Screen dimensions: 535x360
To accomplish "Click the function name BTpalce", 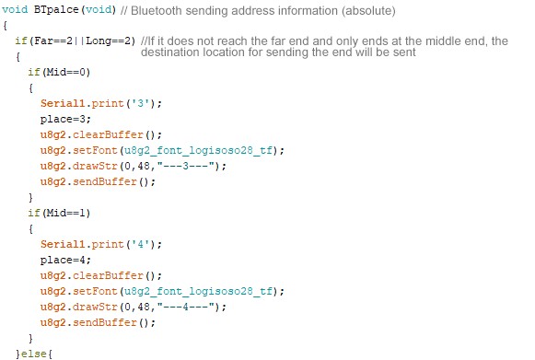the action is [56, 9].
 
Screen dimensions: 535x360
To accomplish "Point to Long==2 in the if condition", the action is [108, 41].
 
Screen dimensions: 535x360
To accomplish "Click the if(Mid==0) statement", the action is [59, 73].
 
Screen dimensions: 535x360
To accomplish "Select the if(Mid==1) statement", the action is [59, 214].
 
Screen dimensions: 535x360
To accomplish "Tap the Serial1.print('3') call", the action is [101, 103].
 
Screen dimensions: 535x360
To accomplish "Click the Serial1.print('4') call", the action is [101, 244].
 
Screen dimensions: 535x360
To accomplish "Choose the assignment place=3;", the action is [65, 120].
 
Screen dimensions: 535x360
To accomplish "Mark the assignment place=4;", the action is [65, 261].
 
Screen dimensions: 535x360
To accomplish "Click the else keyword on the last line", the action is [33, 354].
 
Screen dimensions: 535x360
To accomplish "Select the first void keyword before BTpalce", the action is [15, 9].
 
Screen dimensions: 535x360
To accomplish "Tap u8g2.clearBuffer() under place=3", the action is [101, 134].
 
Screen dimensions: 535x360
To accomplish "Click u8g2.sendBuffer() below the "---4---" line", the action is [98, 323].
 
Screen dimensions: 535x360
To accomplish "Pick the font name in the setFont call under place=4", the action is [198, 292].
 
